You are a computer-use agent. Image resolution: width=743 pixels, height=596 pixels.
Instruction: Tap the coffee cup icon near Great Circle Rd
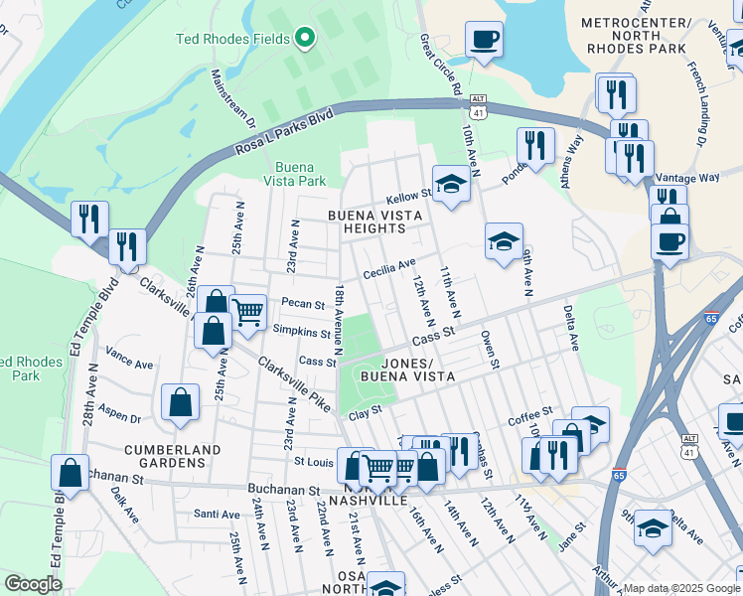pos(484,40)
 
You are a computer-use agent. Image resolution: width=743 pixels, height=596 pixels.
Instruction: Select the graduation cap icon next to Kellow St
pos(451,184)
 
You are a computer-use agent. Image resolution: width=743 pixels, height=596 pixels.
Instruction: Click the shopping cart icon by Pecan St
pos(247,312)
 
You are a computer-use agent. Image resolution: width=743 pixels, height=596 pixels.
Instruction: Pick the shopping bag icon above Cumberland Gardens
pos(180,403)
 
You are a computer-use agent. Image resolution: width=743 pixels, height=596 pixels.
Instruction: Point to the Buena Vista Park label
pos(299,174)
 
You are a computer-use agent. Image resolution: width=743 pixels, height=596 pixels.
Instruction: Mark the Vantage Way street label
pos(695,177)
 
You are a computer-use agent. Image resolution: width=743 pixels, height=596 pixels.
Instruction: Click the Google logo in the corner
pos(33,584)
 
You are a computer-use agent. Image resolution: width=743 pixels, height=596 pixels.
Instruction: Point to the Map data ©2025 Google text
pos(679,588)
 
